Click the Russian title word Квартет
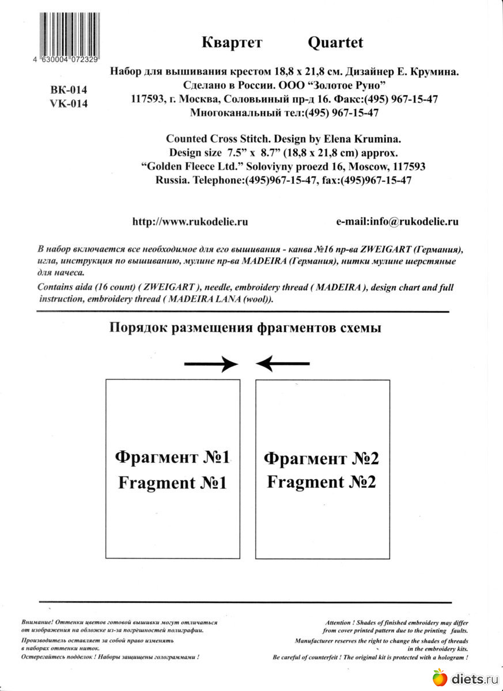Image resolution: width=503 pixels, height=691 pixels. pos(232,42)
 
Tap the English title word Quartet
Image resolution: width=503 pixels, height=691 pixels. pos(335,42)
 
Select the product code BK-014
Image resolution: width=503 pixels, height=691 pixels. pos(69,90)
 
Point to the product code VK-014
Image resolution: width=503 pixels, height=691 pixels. pos(69,104)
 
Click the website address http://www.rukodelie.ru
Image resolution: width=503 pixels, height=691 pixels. pos(190,222)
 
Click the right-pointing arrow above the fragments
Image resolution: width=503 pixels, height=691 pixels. pos(211,363)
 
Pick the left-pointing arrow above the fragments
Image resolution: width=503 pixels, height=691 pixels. pos(283,363)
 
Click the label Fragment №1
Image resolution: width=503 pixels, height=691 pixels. pos(172,483)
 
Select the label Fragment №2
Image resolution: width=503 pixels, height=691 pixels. pos(322,482)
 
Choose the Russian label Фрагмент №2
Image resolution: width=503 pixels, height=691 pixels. pos(322,458)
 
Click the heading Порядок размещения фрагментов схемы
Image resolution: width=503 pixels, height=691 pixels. pos(245,328)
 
